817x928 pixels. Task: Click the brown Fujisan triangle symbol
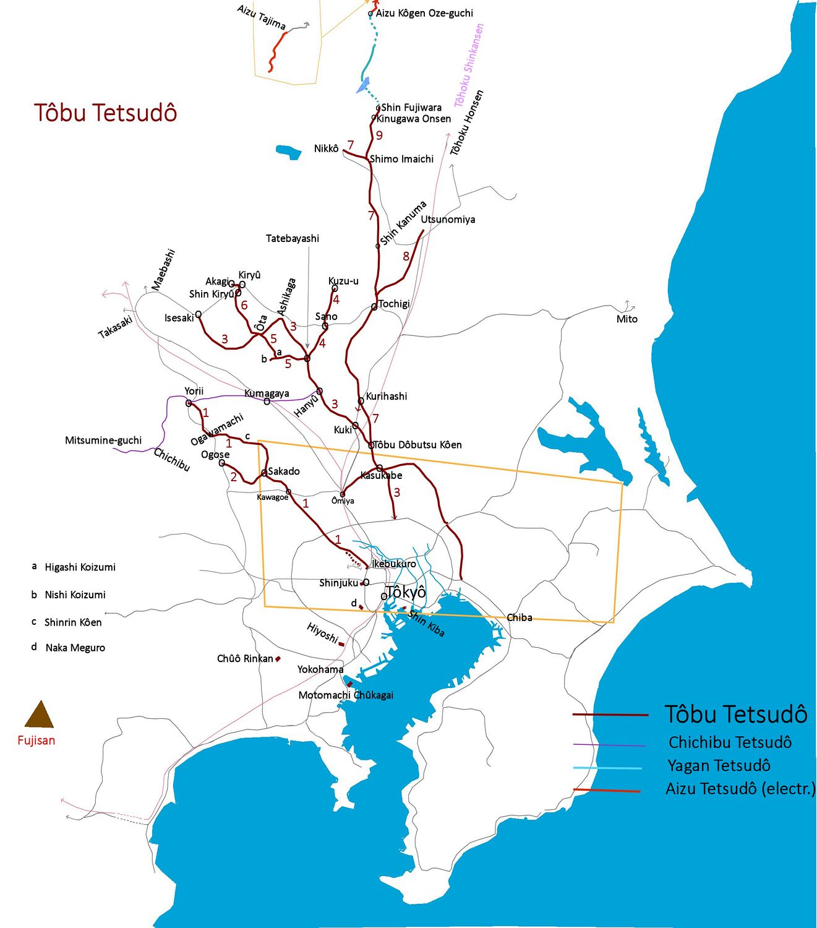39,715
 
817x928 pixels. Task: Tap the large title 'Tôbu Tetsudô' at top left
105,113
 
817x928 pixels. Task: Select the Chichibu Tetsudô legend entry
729,742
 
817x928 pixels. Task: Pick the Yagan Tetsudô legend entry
719,766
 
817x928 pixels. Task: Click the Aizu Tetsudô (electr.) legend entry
740,789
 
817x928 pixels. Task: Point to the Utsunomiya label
448,220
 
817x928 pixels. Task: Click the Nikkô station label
326,148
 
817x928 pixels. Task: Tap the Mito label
627,319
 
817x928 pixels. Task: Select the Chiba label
520,617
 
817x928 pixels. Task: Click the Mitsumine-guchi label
103,440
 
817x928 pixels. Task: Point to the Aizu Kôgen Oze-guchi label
424,13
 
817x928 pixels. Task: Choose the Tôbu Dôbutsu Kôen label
418,445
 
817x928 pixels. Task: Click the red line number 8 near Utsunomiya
406,256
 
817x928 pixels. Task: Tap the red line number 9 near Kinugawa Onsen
379,135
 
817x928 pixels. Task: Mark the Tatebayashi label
293,239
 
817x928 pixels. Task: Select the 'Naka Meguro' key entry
75,648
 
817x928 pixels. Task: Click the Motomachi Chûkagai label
346,695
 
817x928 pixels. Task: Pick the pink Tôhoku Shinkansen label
469,66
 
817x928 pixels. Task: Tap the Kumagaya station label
267,393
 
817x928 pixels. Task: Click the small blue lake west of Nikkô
288,152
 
